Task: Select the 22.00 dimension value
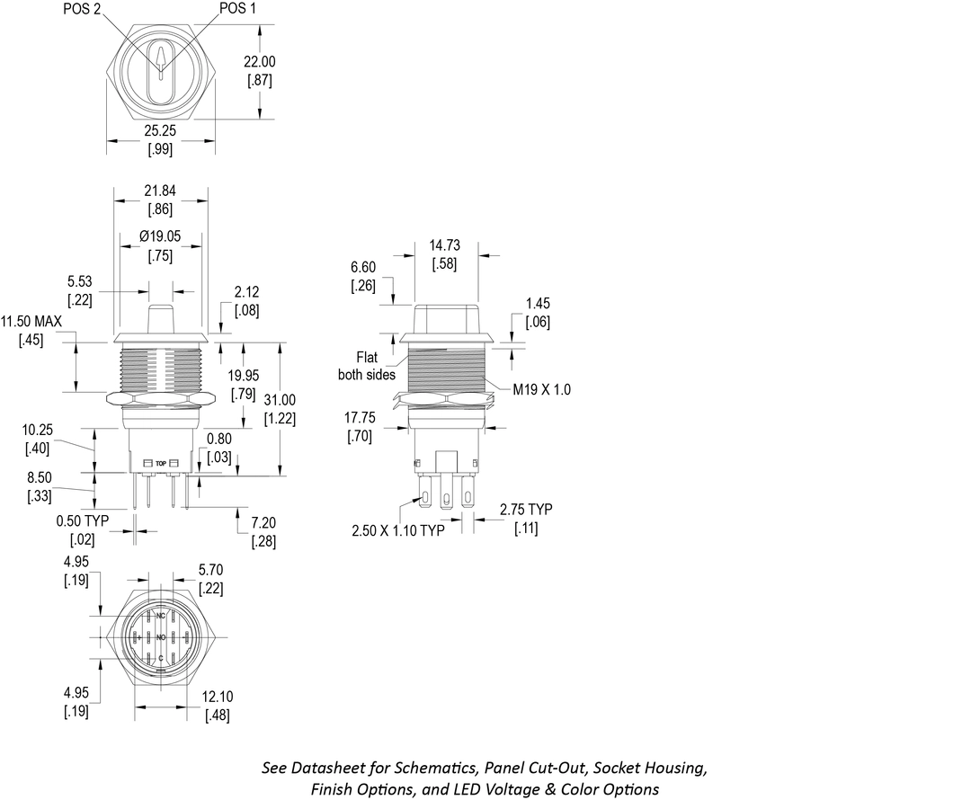point(261,62)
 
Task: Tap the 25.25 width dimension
point(160,131)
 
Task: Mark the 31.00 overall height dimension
point(281,400)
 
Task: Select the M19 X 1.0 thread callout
point(541,389)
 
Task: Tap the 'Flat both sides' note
point(367,365)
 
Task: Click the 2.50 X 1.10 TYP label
point(398,531)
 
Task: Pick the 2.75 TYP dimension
point(526,510)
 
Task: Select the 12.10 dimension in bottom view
point(218,698)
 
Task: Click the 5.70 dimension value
point(211,570)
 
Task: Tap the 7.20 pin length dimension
point(263,522)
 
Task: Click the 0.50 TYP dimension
point(82,521)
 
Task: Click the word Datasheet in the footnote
point(334,769)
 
